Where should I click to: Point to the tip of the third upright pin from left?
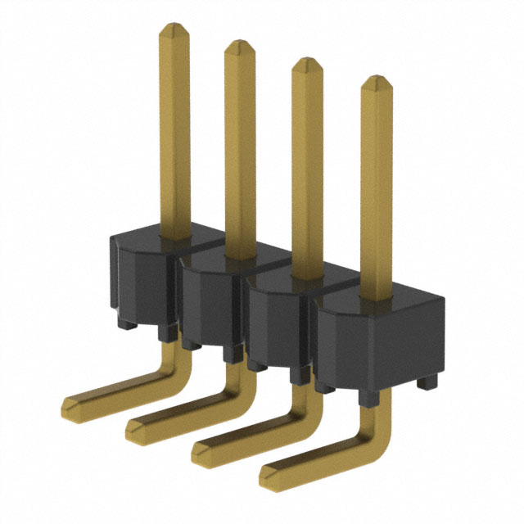click(x=307, y=62)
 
